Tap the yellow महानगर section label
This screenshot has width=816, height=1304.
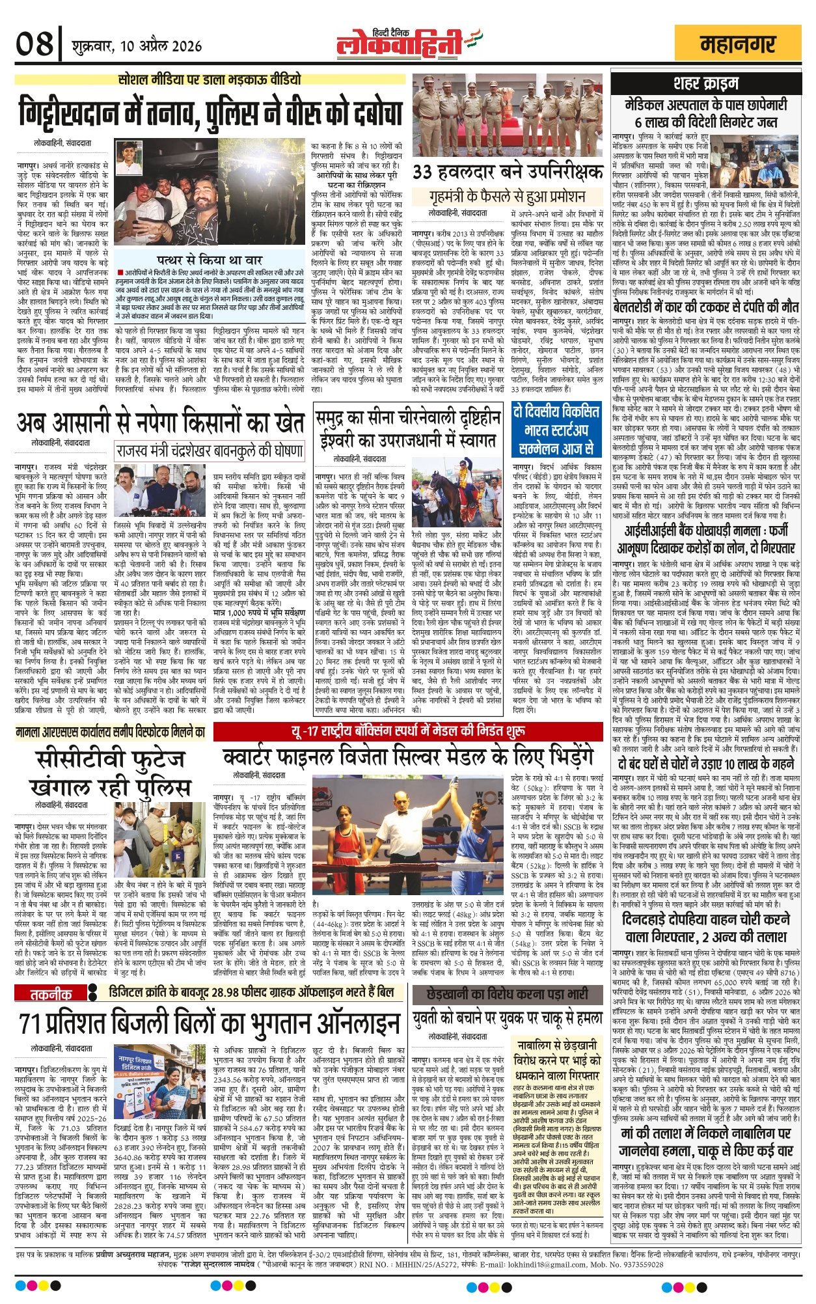point(738,44)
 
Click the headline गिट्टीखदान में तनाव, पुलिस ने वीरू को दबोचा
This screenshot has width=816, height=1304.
point(211,113)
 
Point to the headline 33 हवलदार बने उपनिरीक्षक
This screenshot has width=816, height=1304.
point(508,173)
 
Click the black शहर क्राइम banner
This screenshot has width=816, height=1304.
point(706,83)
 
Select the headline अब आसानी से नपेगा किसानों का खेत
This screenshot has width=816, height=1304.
point(160,423)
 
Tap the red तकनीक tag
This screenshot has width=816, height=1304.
point(51,993)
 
